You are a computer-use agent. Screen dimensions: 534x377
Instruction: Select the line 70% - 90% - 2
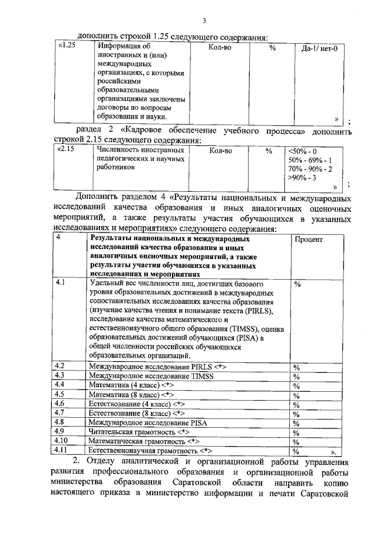tap(310, 169)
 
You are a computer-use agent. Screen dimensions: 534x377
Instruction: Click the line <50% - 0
tap(302, 151)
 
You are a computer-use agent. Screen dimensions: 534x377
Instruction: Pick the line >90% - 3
tap(302, 178)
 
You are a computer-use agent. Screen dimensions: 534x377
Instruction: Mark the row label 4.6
tap(59, 404)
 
